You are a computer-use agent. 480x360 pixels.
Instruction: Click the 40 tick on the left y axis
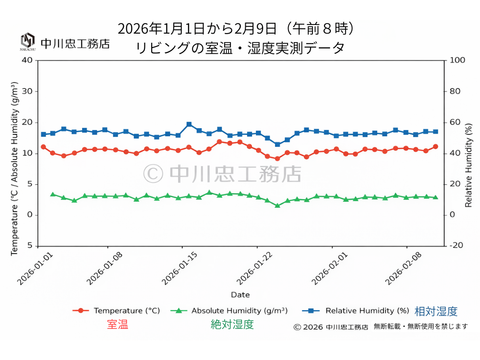pyautogui.click(x=27, y=60)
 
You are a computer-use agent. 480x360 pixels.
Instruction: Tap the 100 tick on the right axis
pyautogui.click(x=457, y=60)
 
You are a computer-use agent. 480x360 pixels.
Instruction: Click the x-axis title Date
pyautogui.click(x=240, y=294)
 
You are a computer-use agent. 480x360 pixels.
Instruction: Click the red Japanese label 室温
pyautogui.click(x=117, y=324)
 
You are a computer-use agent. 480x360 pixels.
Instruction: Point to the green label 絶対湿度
pyautogui.click(x=232, y=324)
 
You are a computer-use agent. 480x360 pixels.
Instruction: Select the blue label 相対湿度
pyautogui.click(x=436, y=312)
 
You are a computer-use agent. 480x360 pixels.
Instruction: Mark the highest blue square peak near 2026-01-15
pyautogui.click(x=189, y=124)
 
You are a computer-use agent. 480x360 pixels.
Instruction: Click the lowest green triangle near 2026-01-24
pyautogui.click(x=277, y=205)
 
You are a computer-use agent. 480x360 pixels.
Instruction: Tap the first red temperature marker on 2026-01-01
pyautogui.click(x=43, y=147)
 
